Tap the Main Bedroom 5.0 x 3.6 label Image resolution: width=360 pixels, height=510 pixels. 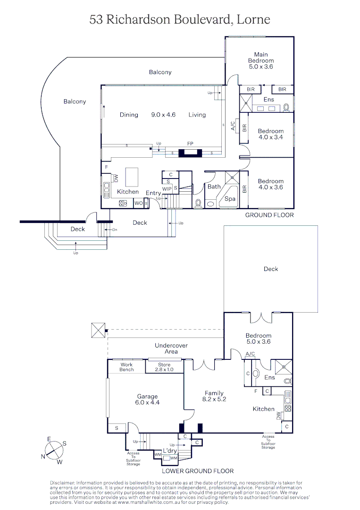[261, 60]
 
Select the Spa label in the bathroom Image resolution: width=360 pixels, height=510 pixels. [230, 199]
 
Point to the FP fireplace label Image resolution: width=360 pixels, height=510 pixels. [190, 143]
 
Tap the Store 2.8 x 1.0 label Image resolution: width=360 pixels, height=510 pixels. [164, 367]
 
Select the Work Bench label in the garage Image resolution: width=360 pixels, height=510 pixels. [126, 367]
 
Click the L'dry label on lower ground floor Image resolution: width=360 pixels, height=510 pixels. [170, 451]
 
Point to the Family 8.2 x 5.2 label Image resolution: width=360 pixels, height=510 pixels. [214, 396]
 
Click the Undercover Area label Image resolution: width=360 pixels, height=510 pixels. [171, 348]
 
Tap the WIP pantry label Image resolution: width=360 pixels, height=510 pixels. [167, 189]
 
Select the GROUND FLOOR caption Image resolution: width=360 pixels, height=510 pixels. [269, 215]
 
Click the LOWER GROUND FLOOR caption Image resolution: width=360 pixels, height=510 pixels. [198, 471]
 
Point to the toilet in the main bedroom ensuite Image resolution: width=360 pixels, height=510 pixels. [287, 107]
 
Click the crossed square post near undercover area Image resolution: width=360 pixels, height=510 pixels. [98, 330]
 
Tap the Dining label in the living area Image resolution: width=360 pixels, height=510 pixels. [129, 115]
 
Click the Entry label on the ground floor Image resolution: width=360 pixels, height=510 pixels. [153, 193]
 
